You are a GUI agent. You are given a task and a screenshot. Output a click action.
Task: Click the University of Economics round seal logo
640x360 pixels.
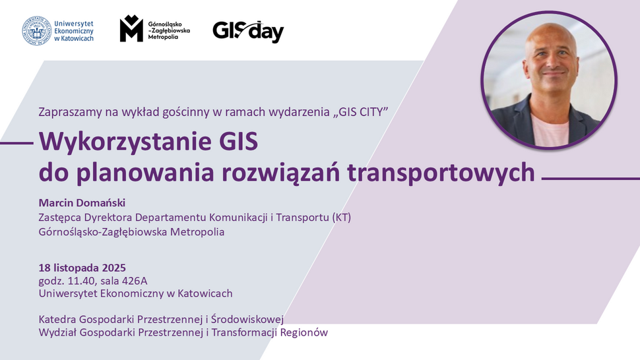[37, 30]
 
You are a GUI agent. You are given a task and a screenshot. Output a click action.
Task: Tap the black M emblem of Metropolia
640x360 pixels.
[131, 29]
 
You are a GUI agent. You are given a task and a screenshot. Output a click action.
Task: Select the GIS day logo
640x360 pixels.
[248, 30]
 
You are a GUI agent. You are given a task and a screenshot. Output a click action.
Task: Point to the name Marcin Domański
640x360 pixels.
[82, 202]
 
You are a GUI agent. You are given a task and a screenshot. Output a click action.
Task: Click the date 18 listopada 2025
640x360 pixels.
[82, 268]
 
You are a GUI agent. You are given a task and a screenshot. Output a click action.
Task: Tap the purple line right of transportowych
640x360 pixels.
[590, 178]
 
